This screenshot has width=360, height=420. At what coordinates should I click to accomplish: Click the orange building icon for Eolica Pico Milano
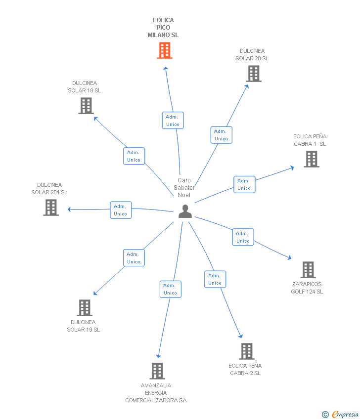(165, 50)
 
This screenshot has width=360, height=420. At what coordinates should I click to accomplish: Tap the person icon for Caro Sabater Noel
(185, 212)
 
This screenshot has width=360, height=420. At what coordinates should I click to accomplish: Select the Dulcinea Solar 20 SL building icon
(254, 74)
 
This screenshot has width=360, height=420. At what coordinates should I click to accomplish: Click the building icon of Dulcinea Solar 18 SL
(86, 106)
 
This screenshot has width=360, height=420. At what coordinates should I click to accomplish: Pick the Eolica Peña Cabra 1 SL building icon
(311, 159)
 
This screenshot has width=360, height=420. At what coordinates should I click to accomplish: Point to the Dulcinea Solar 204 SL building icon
(51, 208)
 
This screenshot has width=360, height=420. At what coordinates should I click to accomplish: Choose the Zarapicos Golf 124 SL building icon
(308, 270)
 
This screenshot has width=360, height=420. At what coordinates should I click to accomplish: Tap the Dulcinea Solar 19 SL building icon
(85, 308)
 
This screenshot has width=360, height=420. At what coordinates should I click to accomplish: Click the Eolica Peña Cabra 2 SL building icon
(246, 351)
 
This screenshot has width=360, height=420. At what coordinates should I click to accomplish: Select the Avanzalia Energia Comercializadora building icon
(157, 371)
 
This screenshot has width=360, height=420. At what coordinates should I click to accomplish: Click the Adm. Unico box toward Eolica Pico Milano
(173, 121)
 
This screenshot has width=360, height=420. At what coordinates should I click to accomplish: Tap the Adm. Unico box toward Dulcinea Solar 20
(221, 135)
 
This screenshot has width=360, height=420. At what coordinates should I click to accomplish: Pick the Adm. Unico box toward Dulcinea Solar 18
(134, 156)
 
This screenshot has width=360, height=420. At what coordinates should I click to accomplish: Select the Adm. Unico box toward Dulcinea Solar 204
(120, 210)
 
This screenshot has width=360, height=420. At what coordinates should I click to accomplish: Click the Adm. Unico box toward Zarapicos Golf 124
(243, 237)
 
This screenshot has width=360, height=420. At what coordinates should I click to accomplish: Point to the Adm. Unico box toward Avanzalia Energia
(170, 289)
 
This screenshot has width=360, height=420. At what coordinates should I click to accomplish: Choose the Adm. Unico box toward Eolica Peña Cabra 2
(215, 279)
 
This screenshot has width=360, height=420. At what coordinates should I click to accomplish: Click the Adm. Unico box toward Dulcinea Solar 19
(134, 258)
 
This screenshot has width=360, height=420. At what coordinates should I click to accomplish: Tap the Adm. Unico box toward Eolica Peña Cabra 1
(244, 184)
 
